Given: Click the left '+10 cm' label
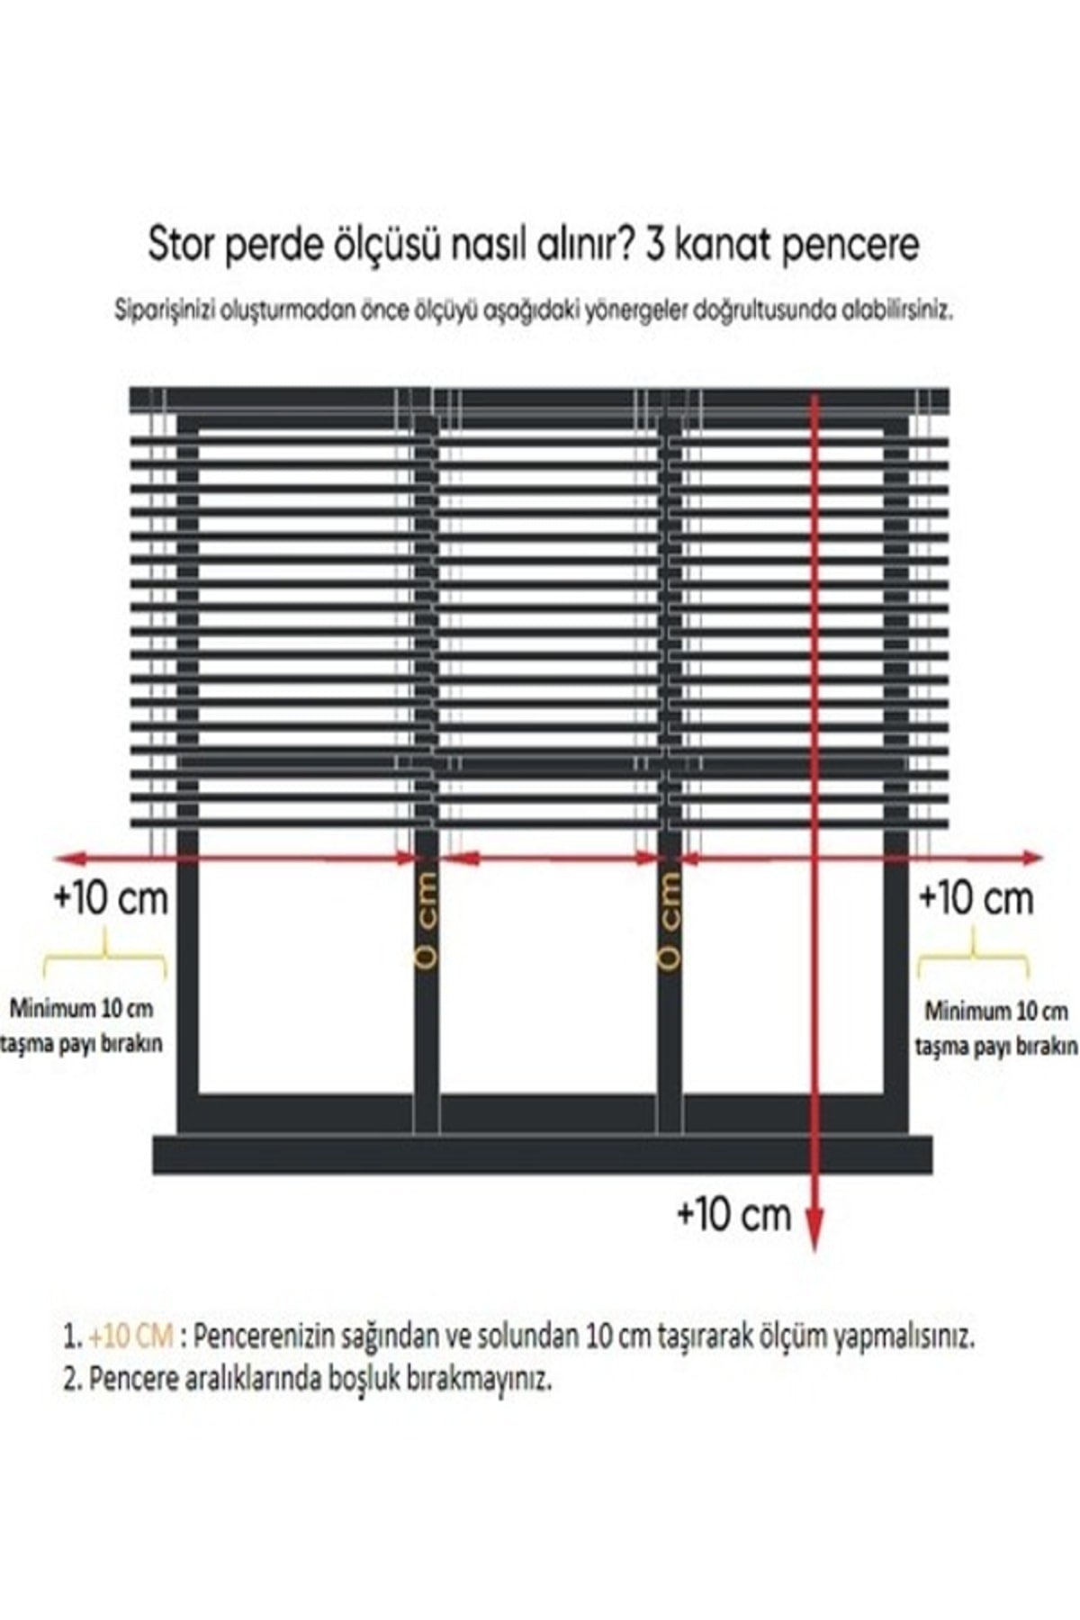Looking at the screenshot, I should pyautogui.click(x=111, y=898).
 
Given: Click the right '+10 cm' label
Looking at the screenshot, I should pyautogui.click(x=976, y=897).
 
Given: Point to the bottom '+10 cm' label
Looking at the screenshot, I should pyautogui.click(x=733, y=1215).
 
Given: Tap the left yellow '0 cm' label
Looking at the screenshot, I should pyautogui.click(x=427, y=920).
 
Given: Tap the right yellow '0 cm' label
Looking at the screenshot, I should pyautogui.click(x=670, y=920).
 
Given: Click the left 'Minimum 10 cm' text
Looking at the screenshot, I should pyautogui.click(x=81, y=1007).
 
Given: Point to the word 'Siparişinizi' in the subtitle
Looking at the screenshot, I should pyautogui.click(x=163, y=311).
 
